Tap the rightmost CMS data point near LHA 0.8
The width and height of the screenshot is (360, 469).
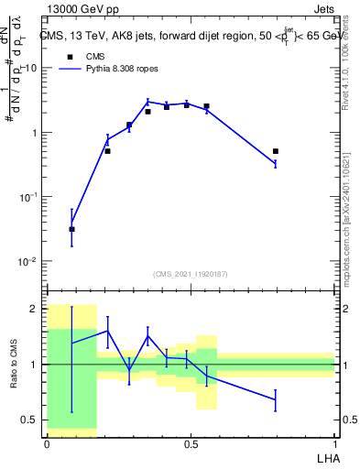[275, 151]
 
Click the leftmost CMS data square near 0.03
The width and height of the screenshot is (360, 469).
[71, 229]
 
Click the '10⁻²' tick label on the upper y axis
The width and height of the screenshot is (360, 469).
[29, 261]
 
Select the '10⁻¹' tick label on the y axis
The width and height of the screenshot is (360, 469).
[29, 197]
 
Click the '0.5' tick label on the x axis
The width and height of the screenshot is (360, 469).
[191, 443]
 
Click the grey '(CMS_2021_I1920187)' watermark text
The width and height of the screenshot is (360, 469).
[191, 274]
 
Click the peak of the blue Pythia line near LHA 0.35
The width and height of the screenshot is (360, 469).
[147, 102]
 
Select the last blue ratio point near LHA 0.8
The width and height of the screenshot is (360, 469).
[275, 399]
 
